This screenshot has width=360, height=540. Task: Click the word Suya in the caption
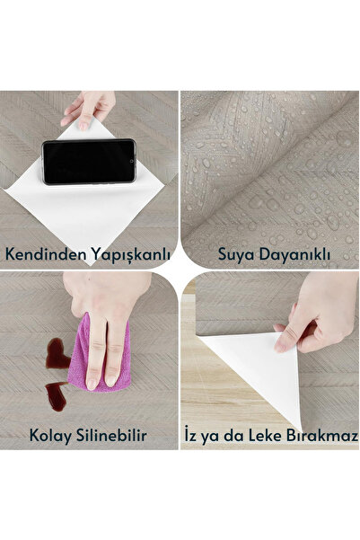pos(235,254)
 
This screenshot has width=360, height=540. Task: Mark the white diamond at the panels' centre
pos(180,270)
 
